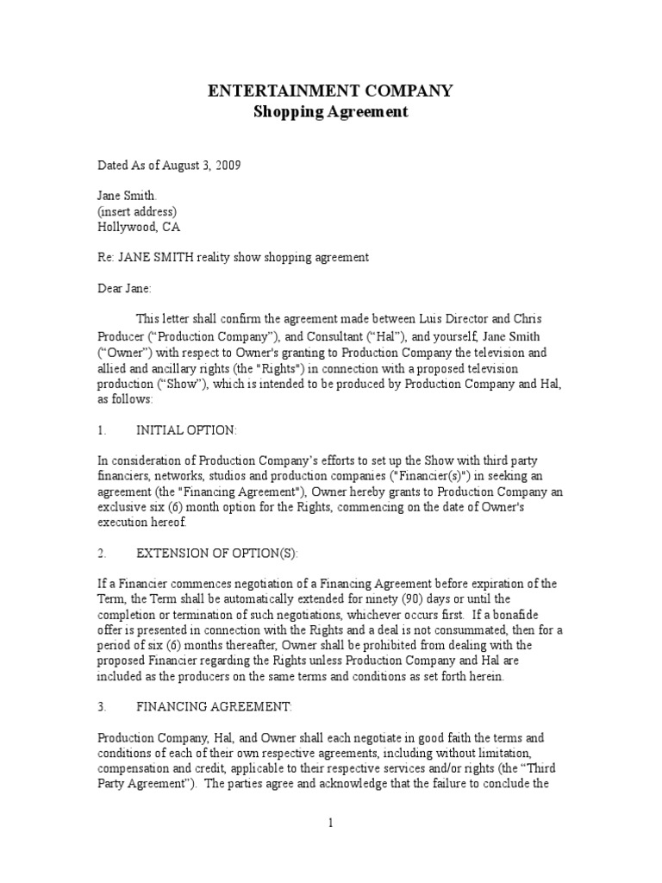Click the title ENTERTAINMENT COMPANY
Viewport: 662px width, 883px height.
pyautogui.click(x=331, y=91)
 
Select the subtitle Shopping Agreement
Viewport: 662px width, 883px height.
pyautogui.click(x=331, y=112)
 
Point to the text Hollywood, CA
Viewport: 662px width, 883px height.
pyautogui.click(x=139, y=227)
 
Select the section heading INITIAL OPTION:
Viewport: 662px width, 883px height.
pyautogui.click(x=185, y=429)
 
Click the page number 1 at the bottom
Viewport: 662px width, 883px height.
pyautogui.click(x=330, y=824)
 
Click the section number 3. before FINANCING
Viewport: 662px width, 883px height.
pyautogui.click(x=102, y=706)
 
